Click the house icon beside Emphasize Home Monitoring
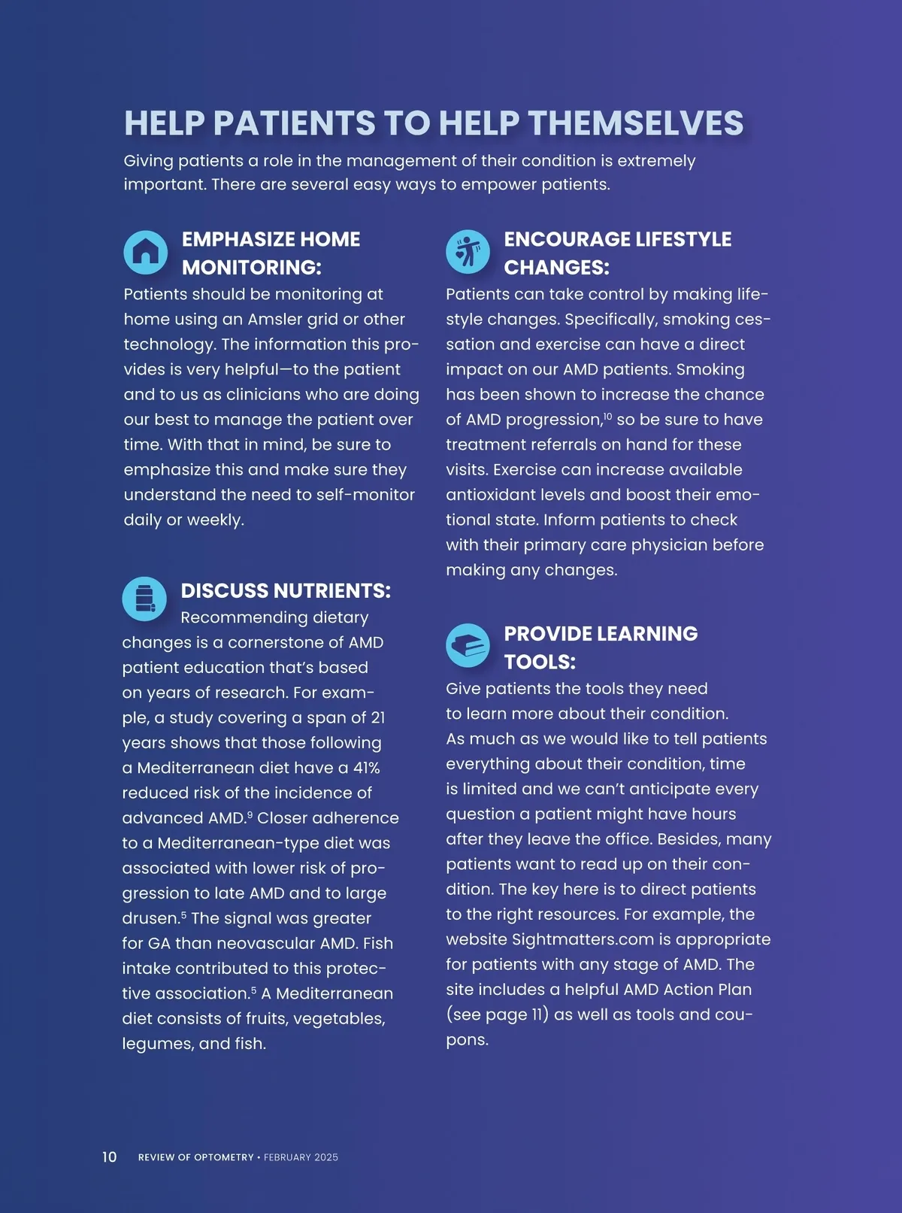pos(145,252)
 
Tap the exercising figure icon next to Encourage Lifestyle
pos(468,252)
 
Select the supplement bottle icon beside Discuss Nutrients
pos(144,599)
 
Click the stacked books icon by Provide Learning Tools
pos(468,645)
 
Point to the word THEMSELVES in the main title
pos(635,123)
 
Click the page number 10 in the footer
pos(110,1157)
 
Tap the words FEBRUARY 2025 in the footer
pos(301,1157)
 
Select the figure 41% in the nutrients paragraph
pos(367,768)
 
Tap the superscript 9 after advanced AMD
pos(250,814)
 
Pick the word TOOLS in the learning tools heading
pos(539,662)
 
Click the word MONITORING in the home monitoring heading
pos(251,267)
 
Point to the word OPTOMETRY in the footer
pos(224,1157)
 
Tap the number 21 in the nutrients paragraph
pos(378,717)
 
